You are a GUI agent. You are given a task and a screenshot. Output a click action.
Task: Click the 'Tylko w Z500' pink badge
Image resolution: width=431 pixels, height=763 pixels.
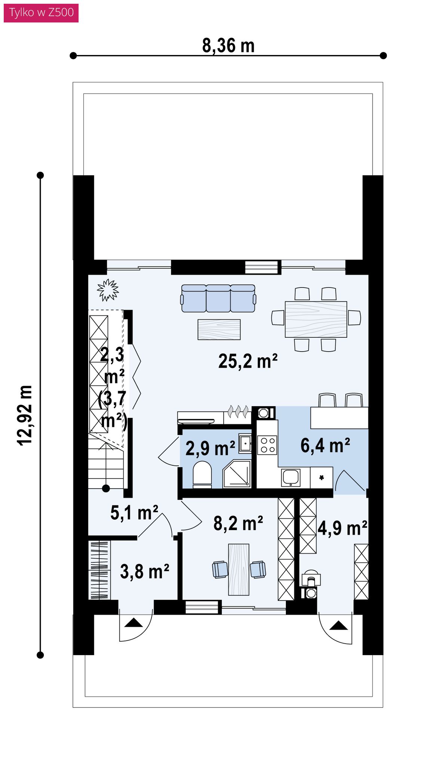click(41, 12)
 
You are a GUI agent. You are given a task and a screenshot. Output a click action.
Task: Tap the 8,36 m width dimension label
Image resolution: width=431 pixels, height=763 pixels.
click(228, 46)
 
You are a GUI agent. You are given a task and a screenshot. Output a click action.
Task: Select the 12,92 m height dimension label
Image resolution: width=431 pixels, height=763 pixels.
click(25, 415)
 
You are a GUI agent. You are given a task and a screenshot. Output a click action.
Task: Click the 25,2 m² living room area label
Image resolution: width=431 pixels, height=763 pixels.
click(248, 361)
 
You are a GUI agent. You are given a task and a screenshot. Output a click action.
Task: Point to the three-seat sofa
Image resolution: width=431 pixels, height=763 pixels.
click(218, 298)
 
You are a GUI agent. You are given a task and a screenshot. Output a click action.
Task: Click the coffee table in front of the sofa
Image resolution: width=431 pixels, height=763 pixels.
click(219, 329)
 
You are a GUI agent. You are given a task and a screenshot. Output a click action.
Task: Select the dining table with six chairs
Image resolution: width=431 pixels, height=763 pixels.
click(316, 319)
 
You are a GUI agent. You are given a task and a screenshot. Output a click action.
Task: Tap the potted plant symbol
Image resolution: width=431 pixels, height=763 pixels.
click(108, 290)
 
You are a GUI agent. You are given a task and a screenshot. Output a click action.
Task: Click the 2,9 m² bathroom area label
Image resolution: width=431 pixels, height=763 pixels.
click(210, 448)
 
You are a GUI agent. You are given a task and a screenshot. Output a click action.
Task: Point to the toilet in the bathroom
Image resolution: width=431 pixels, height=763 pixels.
click(202, 475)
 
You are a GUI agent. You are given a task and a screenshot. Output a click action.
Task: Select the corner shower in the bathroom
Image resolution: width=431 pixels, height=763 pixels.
click(237, 474)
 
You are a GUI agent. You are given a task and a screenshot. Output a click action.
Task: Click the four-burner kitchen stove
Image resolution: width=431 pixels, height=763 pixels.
click(268, 445)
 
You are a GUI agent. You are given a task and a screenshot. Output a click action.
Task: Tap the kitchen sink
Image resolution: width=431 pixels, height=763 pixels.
click(291, 477)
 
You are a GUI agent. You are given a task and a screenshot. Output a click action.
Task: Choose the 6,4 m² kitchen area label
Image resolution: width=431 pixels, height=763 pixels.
click(325, 446)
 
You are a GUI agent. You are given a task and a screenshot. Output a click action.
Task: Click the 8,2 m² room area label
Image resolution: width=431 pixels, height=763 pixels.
click(238, 523)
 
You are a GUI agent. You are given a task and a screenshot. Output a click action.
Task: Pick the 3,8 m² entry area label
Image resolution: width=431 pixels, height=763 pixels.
click(144, 572)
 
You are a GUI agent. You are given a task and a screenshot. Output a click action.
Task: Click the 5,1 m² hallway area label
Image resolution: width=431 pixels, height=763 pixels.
click(134, 513)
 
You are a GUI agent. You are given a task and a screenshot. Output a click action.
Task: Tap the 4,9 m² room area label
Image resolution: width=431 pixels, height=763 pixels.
click(342, 528)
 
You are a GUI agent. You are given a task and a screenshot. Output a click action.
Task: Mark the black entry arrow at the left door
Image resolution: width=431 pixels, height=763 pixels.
click(134, 623)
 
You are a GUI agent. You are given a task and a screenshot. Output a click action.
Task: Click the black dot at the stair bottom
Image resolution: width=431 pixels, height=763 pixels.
click(106, 488)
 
